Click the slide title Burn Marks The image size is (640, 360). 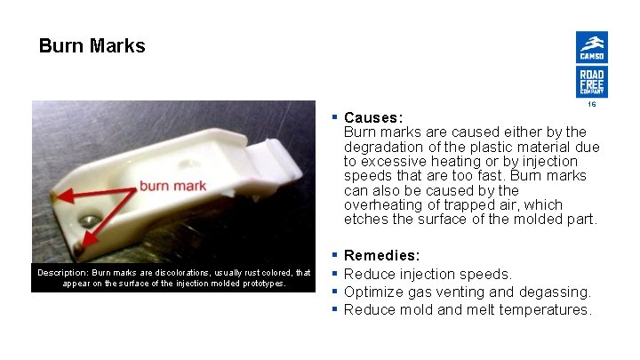click(92, 46)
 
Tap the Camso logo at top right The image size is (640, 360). click(591, 47)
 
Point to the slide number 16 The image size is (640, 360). click(591, 105)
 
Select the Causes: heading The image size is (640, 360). click(373, 117)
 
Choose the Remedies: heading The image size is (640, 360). click(381, 255)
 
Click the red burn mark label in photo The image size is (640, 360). click(172, 186)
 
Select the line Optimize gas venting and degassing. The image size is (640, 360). click(467, 292)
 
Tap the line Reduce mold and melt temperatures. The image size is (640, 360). click(468, 309)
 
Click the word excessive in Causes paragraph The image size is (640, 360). click(398, 161)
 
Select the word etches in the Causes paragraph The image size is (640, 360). click(364, 219)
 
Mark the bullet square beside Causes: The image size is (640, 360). click(334, 117)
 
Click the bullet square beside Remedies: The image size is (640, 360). click(334, 255)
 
